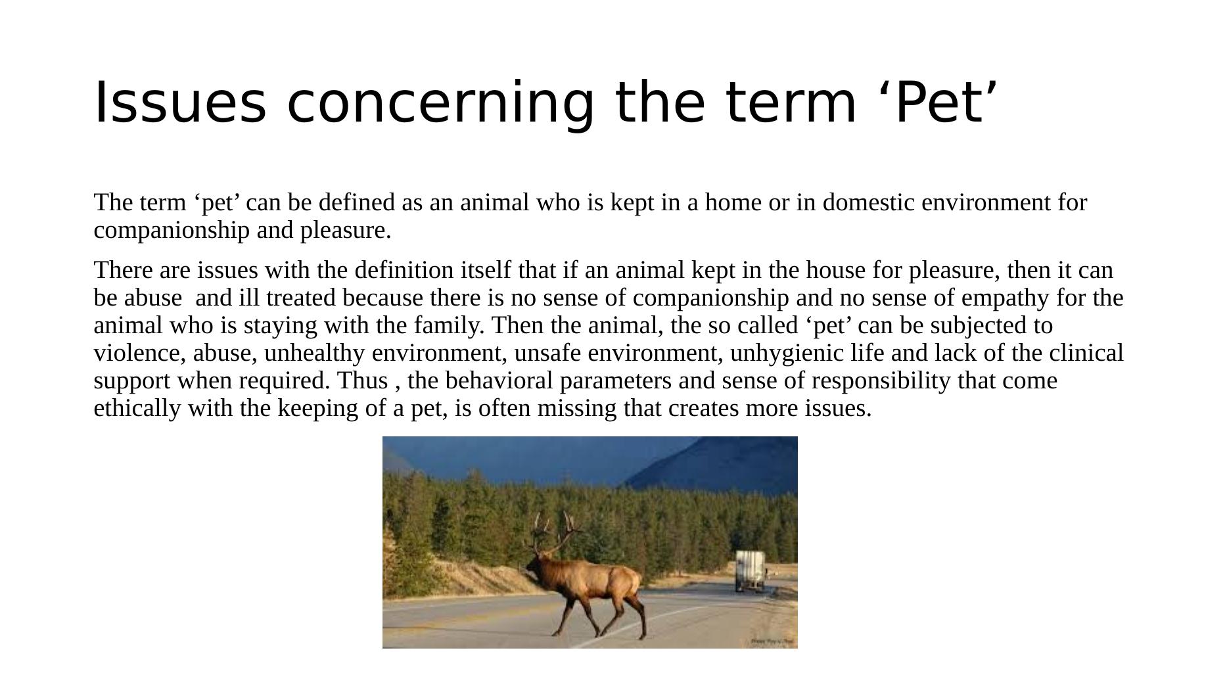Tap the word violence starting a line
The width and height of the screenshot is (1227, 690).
click(x=139, y=353)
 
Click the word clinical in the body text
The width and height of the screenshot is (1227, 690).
click(x=1086, y=353)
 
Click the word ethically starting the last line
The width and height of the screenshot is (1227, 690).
click(x=137, y=408)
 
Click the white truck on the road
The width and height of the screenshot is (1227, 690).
click(x=750, y=570)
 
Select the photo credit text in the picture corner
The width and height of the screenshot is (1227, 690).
click(x=773, y=641)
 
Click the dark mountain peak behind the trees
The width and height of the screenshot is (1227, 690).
click(x=723, y=460)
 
